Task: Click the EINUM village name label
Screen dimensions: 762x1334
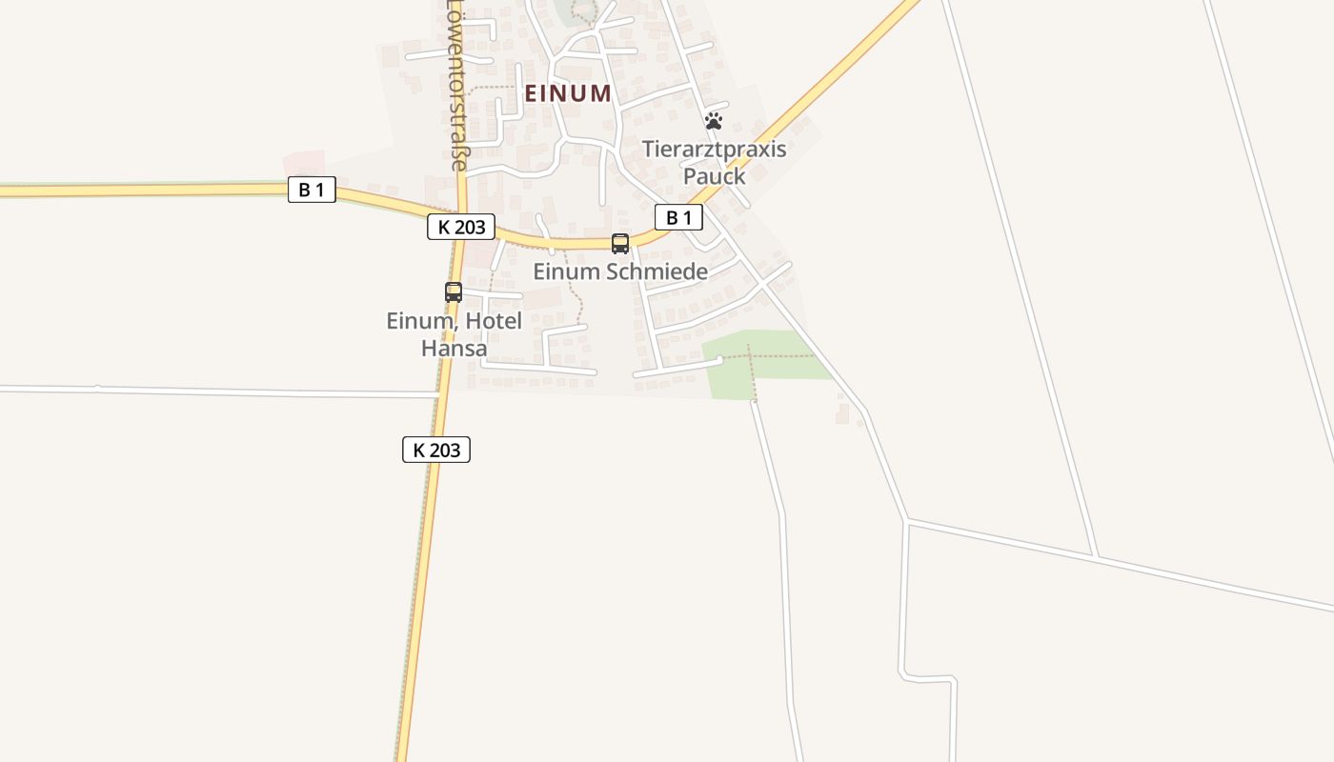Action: [x=568, y=93]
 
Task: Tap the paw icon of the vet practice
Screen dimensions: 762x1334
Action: [x=714, y=121]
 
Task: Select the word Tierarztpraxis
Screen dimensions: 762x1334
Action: [x=714, y=150]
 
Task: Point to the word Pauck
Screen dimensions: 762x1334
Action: [x=714, y=176]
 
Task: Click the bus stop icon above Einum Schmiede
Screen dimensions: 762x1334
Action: [x=620, y=244]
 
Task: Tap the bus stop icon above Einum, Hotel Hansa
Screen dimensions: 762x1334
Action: [x=454, y=292]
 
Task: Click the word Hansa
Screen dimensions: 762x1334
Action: [x=454, y=348]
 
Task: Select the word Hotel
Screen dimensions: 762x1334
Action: [x=494, y=321]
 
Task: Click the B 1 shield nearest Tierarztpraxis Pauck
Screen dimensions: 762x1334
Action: [x=678, y=218]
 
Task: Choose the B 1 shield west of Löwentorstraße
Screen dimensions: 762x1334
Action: [x=312, y=190]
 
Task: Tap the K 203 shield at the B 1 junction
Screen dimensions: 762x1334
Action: [x=461, y=227]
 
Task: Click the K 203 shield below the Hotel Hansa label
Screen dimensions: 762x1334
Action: [x=436, y=450]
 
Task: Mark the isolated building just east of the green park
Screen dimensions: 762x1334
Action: [x=842, y=413]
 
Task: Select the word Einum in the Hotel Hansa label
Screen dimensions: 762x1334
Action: [x=418, y=321]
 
